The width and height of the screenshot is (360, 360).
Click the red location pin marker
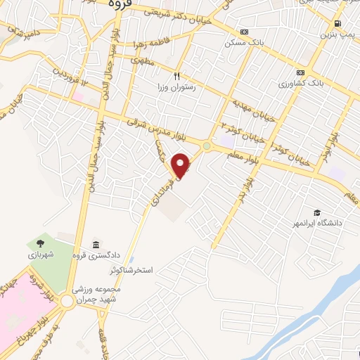(181, 165)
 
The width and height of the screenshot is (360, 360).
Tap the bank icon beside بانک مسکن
(244, 32)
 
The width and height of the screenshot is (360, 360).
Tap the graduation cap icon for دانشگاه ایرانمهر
(317, 212)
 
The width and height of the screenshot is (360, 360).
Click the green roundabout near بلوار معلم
(207, 146)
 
